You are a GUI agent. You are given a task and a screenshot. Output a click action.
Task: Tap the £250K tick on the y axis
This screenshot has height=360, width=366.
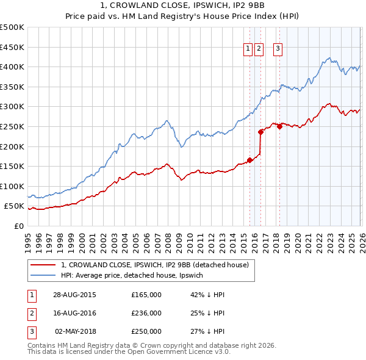12,126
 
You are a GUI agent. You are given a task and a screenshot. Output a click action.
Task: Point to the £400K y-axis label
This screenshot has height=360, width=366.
12,67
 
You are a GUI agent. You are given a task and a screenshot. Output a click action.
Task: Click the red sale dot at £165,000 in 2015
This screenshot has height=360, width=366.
249,160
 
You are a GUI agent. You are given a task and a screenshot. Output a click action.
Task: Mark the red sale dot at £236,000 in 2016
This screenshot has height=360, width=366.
260,132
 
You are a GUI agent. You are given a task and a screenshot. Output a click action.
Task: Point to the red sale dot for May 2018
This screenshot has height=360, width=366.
279,126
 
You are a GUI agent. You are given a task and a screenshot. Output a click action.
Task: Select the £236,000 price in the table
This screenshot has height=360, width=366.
146,313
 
